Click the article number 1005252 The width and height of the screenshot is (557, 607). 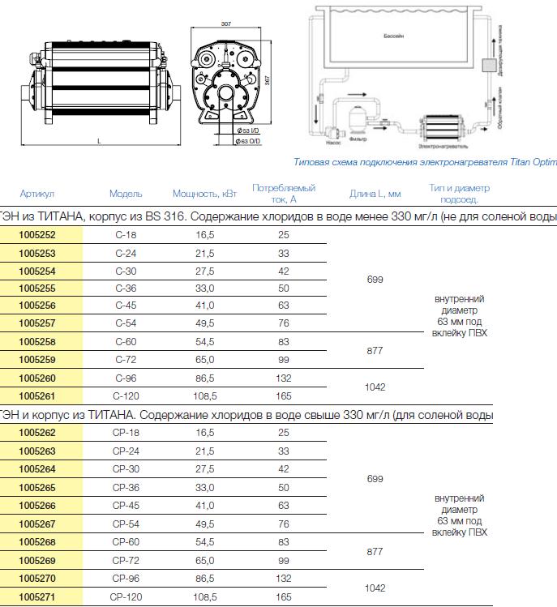point(37,234)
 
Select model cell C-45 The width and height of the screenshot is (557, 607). point(126,306)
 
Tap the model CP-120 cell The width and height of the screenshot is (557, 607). point(126,596)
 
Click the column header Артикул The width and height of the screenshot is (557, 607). point(37,194)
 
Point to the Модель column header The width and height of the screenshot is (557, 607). point(126,194)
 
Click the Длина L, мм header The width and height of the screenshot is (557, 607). point(375,194)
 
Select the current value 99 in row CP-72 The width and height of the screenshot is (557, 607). point(283,561)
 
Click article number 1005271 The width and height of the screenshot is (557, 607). point(37,596)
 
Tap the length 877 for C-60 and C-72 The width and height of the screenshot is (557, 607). point(375,351)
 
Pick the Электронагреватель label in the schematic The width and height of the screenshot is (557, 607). point(438,147)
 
